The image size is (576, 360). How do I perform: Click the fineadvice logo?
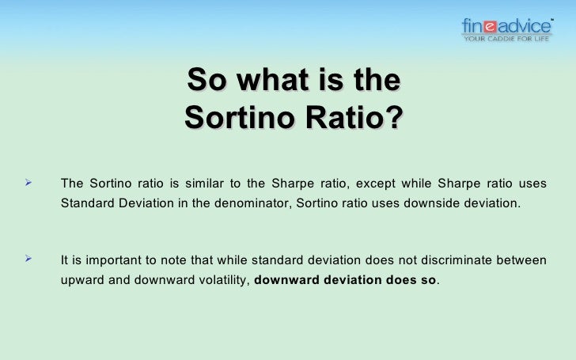506,29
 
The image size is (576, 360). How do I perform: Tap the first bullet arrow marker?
29,184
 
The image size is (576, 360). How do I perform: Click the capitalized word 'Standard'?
86,203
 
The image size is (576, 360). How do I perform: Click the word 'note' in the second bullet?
178,259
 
